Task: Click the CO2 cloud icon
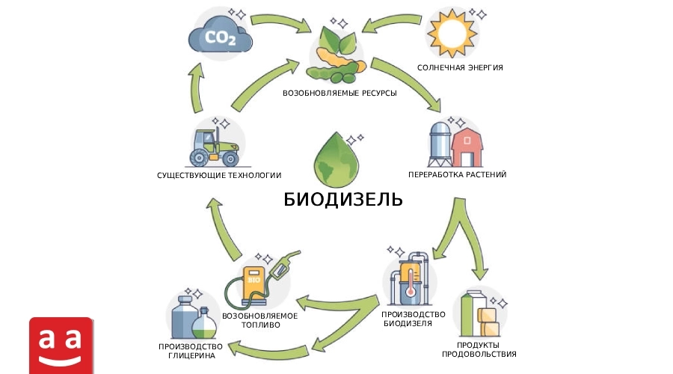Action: [x=220, y=35]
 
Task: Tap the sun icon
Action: [x=452, y=33]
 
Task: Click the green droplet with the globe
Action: [x=336, y=158]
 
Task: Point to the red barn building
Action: [x=467, y=147]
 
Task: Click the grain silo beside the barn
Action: [x=440, y=144]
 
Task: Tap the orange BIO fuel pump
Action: [x=253, y=283]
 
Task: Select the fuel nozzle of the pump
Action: [x=285, y=263]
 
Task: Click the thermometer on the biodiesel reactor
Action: [x=411, y=282]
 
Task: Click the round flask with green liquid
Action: [x=204, y=324]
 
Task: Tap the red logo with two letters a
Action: [x=61, y=346]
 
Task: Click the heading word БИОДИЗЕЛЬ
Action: [x=343, y=200]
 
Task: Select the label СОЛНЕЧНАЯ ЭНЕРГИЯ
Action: [x=460, y=68]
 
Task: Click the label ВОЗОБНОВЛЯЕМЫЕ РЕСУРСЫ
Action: [x=339, y=93]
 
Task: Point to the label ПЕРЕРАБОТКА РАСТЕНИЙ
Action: [x=457, y=175]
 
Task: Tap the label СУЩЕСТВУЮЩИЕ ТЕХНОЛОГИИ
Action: [x=219, y=175]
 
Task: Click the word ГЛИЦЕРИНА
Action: [x=191, y=356]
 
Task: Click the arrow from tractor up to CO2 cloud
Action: [x=196, y=88]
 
